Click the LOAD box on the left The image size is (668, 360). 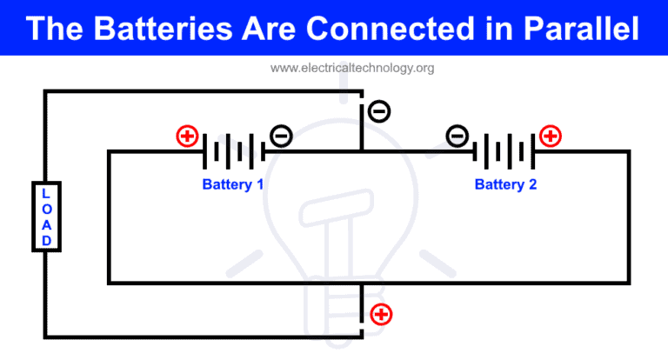click(x=46, y=217)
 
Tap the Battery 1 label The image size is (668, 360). click(x=233, y=184)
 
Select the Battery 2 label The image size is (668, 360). click(x=505, y=184)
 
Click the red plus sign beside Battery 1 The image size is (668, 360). click(x=186, y=136)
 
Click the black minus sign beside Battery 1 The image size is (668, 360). click(x=280, y=136)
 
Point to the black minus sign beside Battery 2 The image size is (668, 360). click(x=458, y=136)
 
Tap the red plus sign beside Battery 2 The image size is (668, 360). click(x=551, y=136)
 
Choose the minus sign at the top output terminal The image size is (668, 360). click(x=379, y=111)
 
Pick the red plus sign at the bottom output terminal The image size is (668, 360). click(x=381, y=314)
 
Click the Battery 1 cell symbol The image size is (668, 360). click(x=233, y=151)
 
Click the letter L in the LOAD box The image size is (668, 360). click(x=46, y=193)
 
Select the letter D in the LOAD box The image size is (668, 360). click(x=46, y=240)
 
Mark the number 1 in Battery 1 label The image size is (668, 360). click(x=259, y=184)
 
